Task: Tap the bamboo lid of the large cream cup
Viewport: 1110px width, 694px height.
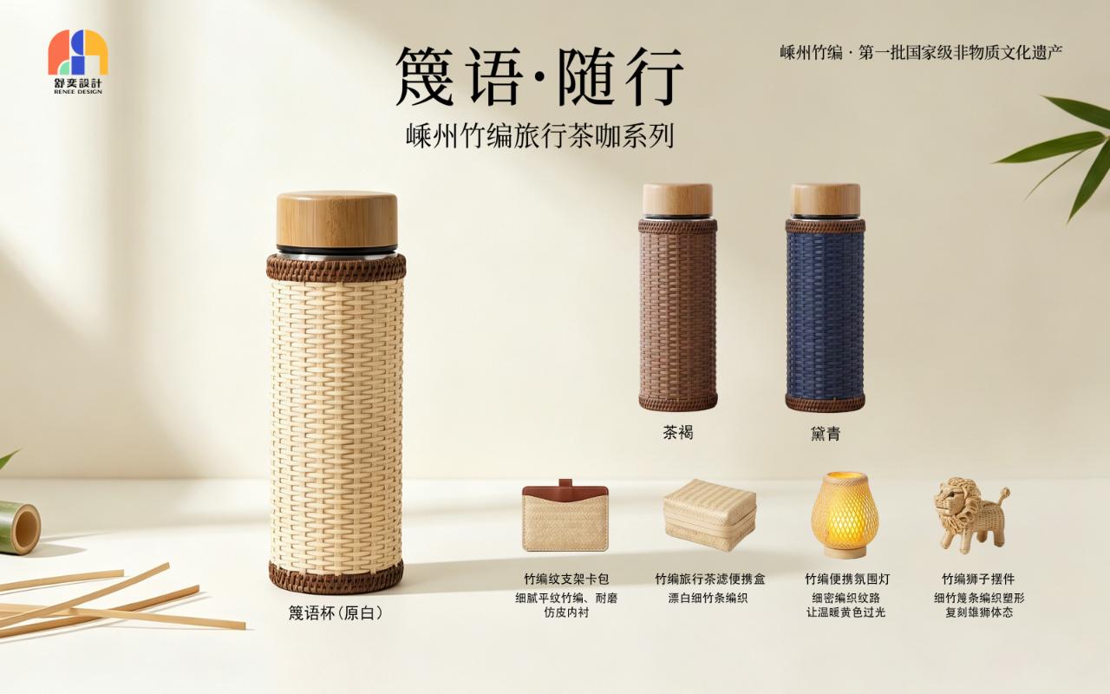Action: [x=337, y=220]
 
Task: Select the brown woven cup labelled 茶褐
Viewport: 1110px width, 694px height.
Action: [x=677, y=297]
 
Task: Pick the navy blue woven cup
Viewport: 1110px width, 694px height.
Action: [x=825, y=298]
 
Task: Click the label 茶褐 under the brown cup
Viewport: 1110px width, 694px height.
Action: [x=678, y=433]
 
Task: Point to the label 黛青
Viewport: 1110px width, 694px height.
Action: [x=826, y=434]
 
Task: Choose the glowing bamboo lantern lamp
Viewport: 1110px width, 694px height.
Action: [x=845, y=514]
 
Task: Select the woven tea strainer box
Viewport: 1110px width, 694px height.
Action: [x=709, y=514]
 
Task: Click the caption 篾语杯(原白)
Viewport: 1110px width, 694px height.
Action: [x=336, y=613]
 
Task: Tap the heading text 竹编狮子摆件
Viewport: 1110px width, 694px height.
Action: [x=978, y=579]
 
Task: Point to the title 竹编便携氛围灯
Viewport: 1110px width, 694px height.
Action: [x=847, y=579]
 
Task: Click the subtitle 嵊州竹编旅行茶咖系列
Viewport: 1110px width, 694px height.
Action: [x=540, y=136]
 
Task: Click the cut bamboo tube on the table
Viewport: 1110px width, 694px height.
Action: [x=20, y=527]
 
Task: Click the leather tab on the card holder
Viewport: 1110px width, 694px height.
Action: [x=565, y=484]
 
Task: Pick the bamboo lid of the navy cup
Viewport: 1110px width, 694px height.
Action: [x=826, y=200]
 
